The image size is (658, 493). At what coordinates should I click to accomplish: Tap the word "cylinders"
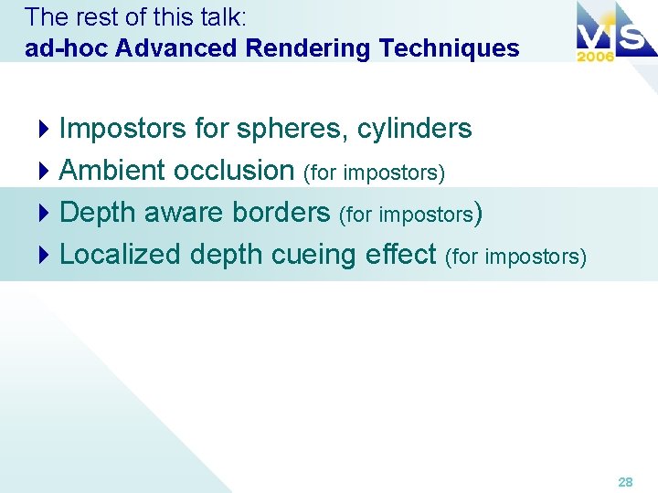coord(415,129)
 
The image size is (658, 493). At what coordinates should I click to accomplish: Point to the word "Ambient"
coord(112,170)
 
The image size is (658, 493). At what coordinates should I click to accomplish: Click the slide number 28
coord(625,481)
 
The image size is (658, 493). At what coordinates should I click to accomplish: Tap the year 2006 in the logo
coord(595,56)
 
